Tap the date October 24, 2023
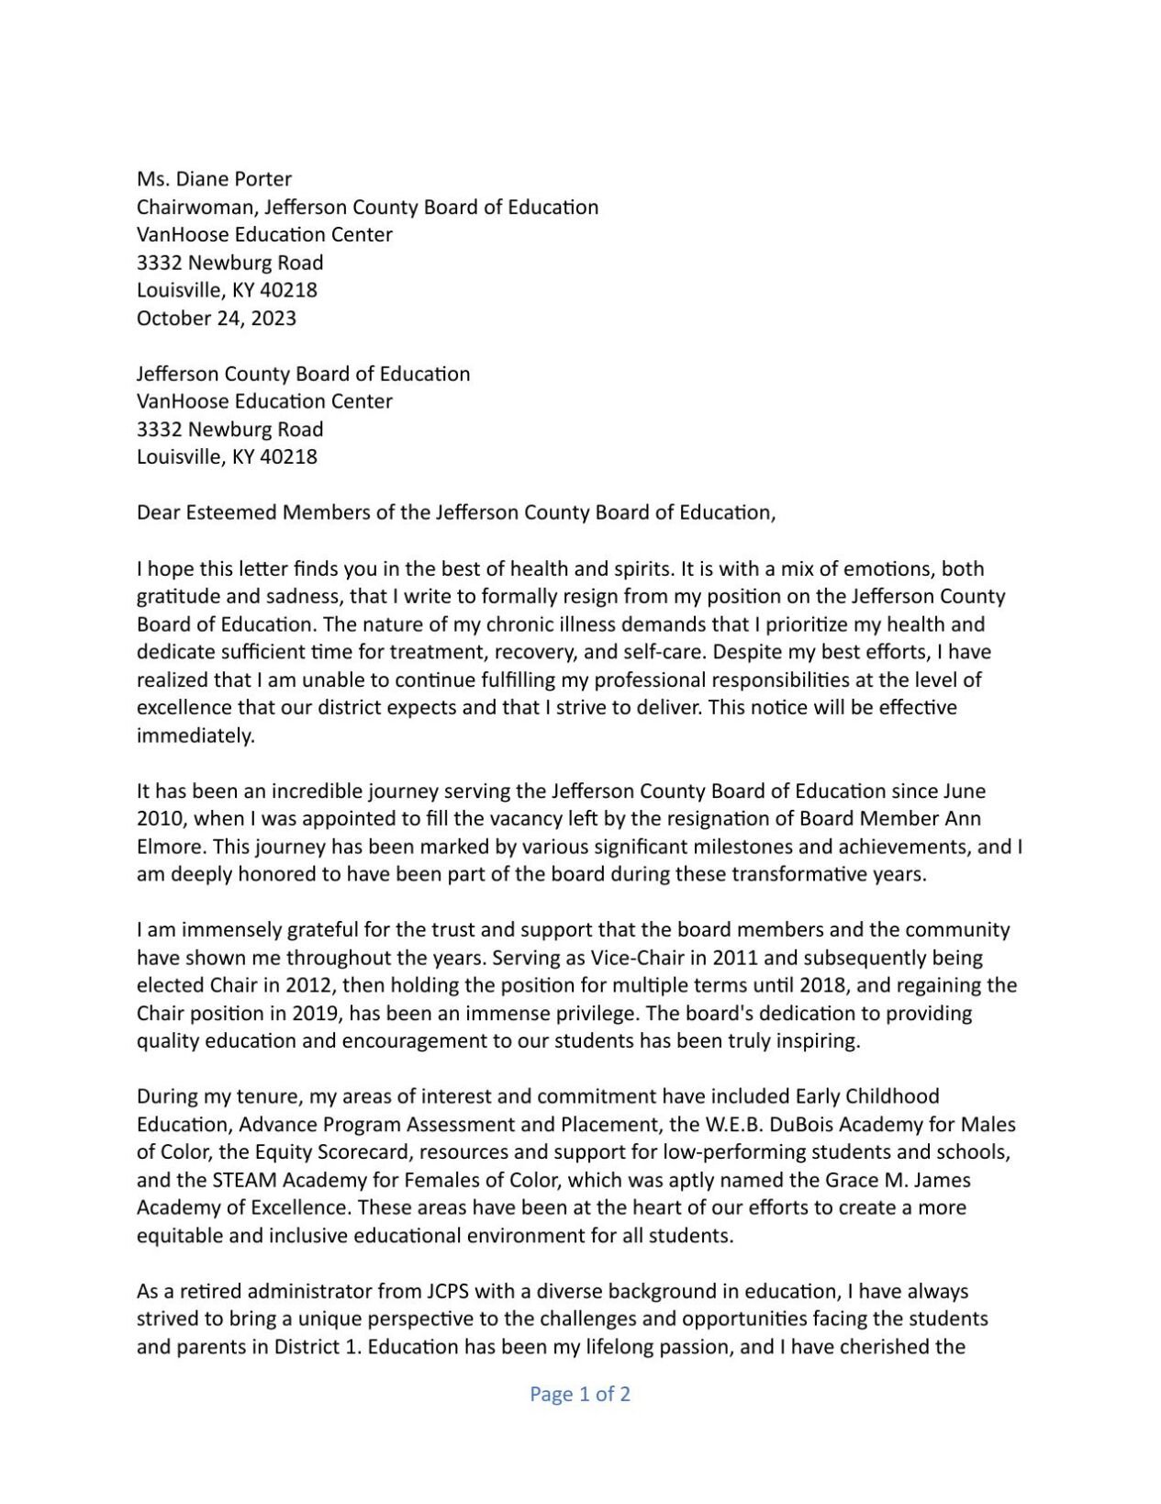pos(217,319)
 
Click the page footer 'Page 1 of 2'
pos(580,1394)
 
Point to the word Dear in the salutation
pos(158,512)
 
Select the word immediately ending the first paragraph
pos(195,735)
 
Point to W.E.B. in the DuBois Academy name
pos(735,1125)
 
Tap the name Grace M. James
pos(904,1180)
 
